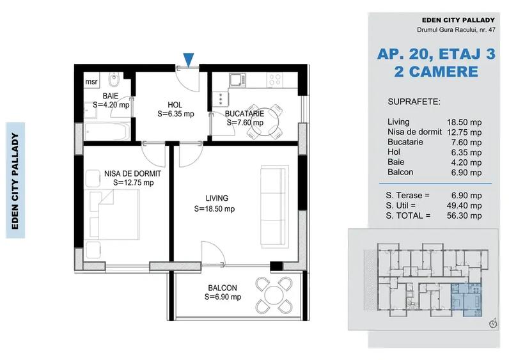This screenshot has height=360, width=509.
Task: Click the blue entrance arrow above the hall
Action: (187, 60)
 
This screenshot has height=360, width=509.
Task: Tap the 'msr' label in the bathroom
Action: (91, 82)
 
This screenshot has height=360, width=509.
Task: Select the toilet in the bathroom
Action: (113, 82)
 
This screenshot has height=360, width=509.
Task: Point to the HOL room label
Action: (175, 105)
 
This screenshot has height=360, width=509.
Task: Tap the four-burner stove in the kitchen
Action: (275, 81)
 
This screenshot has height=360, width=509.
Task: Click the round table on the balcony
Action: (274, 295)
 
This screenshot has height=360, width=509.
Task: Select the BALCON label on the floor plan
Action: (223, 288)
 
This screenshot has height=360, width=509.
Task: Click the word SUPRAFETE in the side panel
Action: (414, 102)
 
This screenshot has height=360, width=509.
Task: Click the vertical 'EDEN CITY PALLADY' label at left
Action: (15, 180)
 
